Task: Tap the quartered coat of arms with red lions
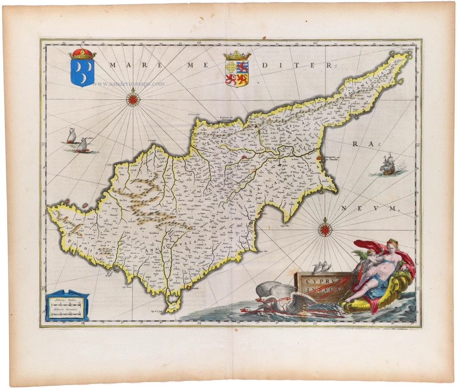[237, 73]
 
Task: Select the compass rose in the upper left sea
[133, 97]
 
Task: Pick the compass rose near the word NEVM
[326, 228]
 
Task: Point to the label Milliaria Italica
[65, 299]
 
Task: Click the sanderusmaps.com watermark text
[128, 84]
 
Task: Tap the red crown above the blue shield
[82, 54]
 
